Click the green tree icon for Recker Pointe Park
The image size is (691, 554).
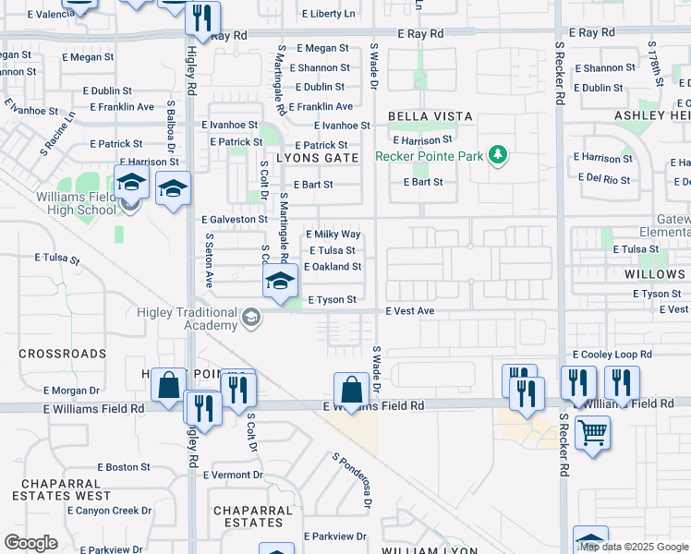tap(499, 154)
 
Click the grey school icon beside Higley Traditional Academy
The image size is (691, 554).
tap(249, 319)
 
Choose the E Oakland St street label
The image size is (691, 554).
tap(333, 267)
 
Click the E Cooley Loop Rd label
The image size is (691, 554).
tap(612, 355)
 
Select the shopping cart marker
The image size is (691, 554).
tap(592, 431)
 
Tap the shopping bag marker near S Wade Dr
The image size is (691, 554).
tap(351, 389)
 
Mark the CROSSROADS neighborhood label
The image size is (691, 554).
tap(62, 354)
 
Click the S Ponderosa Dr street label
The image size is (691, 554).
tap(352, 481)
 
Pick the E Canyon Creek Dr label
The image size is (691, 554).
tap(109, 511)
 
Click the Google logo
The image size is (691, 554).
tap(30, 543)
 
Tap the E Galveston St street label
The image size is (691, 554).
tap(235, 220)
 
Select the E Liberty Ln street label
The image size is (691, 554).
tap(328, 15)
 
